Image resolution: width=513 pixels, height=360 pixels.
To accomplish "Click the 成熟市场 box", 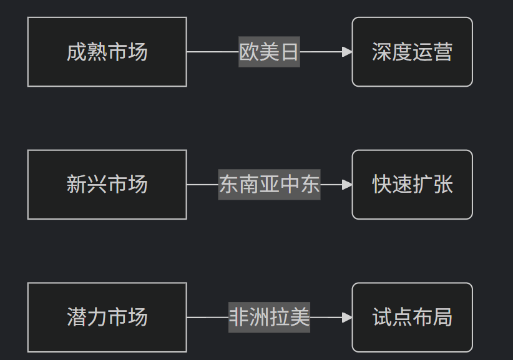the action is point(107,52).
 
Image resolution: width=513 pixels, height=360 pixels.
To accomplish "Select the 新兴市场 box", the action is point(107,185).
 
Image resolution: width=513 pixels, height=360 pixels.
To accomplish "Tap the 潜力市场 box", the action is point(107,317).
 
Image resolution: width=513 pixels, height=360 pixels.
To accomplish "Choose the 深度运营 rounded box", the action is point(413,52).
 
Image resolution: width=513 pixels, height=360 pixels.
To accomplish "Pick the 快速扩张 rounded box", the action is point(413,185).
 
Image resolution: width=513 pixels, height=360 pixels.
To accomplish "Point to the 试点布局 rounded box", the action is point(413,317).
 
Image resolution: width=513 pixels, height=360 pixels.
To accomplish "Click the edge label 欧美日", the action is point(269,52).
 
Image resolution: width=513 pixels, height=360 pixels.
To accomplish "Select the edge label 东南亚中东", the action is point(269,185).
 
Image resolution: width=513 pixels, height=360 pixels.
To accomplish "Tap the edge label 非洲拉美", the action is point(269,317).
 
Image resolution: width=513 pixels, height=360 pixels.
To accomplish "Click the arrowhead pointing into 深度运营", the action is point(347,52).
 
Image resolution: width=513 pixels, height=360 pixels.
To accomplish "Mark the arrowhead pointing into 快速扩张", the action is point(347,185).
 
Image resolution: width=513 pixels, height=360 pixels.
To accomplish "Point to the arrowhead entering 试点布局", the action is point(347,317).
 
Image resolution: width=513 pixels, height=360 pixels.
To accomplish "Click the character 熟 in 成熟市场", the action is point(97,52).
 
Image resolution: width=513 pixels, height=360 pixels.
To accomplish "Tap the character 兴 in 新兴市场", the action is point(97,185).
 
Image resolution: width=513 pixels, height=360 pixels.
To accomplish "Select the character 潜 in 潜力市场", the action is point(77,317).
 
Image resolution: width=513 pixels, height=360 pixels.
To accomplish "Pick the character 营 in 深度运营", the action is point(442,52).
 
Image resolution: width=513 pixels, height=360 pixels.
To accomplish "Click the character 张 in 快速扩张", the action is point(442,185).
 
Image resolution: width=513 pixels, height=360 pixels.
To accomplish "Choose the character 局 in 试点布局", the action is point(442,317).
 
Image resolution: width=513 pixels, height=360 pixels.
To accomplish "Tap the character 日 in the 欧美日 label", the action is point(290,52).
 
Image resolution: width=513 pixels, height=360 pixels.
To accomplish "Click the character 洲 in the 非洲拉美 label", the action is point(259,317).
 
